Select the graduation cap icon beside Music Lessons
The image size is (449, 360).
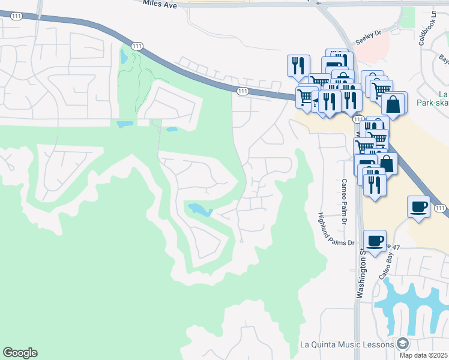tap(402, 344)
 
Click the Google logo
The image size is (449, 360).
tap(20, 353)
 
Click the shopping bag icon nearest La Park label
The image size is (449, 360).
tap(394, 104)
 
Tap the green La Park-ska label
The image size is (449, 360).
tap(436, 99)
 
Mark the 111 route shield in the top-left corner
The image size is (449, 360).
tap(16, 16)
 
